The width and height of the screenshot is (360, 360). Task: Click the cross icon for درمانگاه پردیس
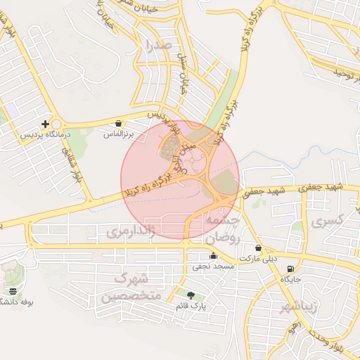click(x=46, y=124)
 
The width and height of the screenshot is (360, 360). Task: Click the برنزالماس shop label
click(x=117, y=132)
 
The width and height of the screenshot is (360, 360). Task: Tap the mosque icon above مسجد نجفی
click(x=213, y=257)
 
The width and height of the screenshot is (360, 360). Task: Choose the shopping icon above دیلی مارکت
click(x=259, y=248)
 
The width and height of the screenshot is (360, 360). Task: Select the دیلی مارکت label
click(x=259, y=259)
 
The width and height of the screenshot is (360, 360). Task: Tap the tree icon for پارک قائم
click(x=191, y=294)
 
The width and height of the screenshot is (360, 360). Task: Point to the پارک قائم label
click(x=191, y=305)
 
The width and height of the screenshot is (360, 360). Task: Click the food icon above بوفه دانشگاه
click(x=13, y=291)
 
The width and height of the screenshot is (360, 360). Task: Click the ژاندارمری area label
click(x=129, y=231)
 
